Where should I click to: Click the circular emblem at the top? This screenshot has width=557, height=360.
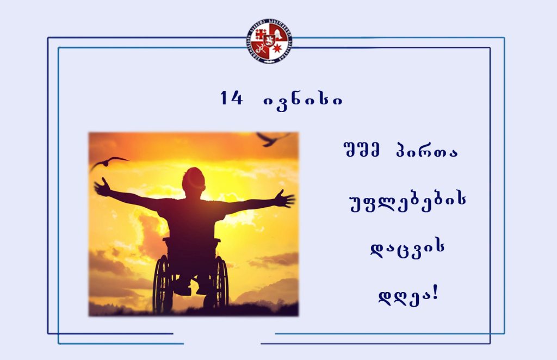pyautogui.click(x=269, y=41)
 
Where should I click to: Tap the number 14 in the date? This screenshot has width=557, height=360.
pyautogui.click(x=231, y=98)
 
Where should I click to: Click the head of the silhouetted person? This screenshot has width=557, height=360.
pyautogui.click(x=194, y=181)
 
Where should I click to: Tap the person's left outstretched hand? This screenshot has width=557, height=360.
pyautogui.click(x=102, y=187)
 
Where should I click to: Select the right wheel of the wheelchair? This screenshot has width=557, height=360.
pyautogui.click(x=221, y=282)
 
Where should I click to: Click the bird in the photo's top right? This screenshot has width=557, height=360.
pyautogui.click(x=273, y=139)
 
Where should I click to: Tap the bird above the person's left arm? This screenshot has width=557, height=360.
pyautogui.click(x=108, y=162)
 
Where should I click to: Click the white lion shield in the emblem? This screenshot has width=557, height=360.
pyautogui.click(x=269, y=41)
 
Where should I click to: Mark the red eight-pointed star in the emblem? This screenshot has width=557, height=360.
pyautogui.click(x=277, y=48)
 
